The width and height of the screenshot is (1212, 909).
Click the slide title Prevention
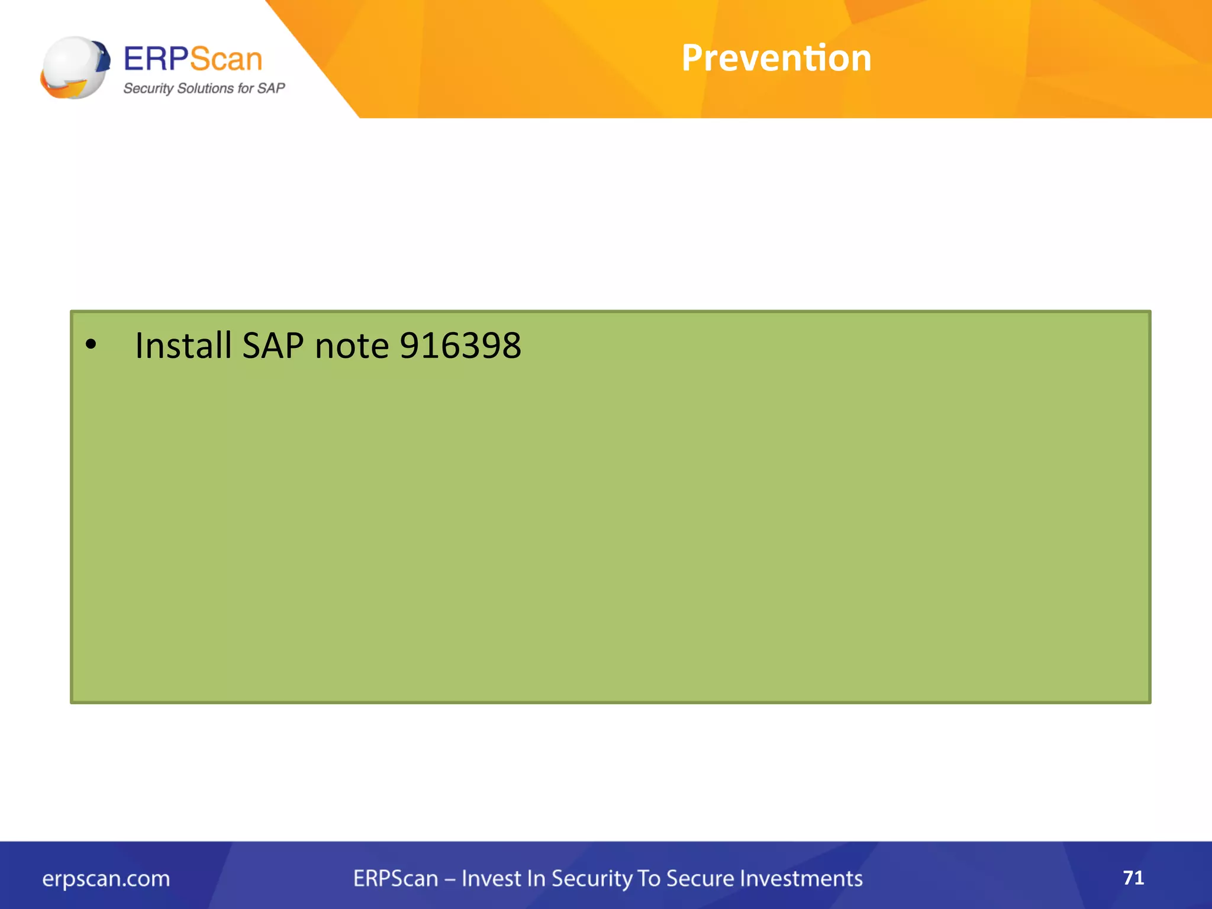(776, 58)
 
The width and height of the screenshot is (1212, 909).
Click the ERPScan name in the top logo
(193, 59)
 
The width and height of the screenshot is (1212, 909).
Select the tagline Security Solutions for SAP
(204, 88)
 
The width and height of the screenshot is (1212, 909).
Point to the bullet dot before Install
(91, 344)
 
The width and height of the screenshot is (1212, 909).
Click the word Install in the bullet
(183, 345)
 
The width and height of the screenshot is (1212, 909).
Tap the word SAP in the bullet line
(273, 345)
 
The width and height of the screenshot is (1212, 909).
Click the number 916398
(460, 345)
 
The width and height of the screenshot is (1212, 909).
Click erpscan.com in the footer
(106, 878)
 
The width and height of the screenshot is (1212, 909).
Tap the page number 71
(1133, 877)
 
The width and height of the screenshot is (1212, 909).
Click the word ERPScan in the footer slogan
(396, 878)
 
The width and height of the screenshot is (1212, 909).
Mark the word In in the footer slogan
(536, 878)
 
